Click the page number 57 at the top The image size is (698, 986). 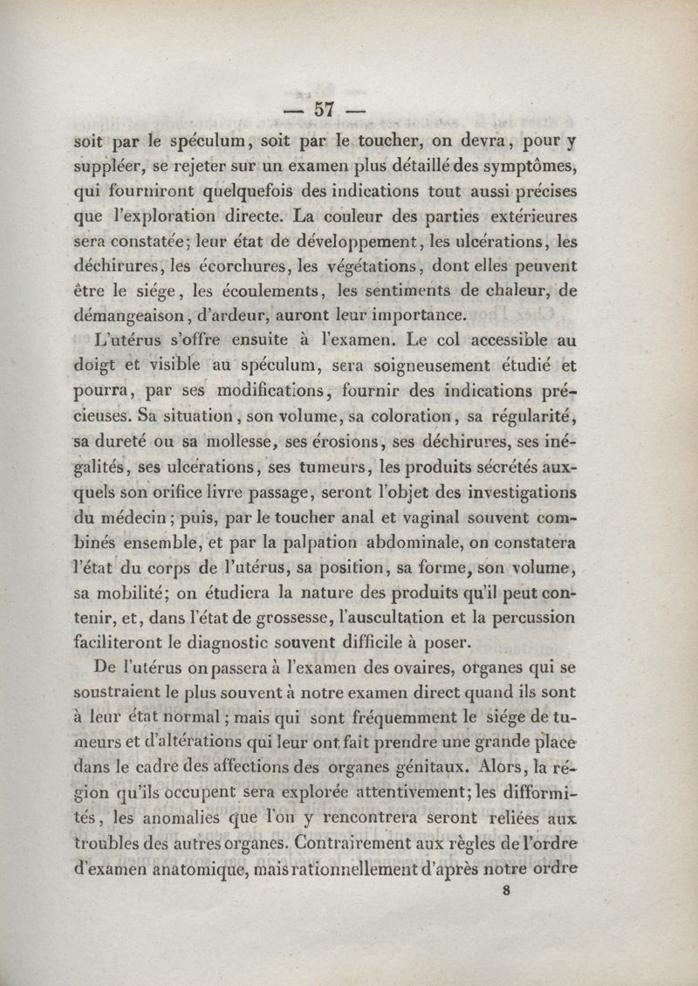[326, 109]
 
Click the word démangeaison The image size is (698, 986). [130, 313]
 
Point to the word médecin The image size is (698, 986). [123, 517]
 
